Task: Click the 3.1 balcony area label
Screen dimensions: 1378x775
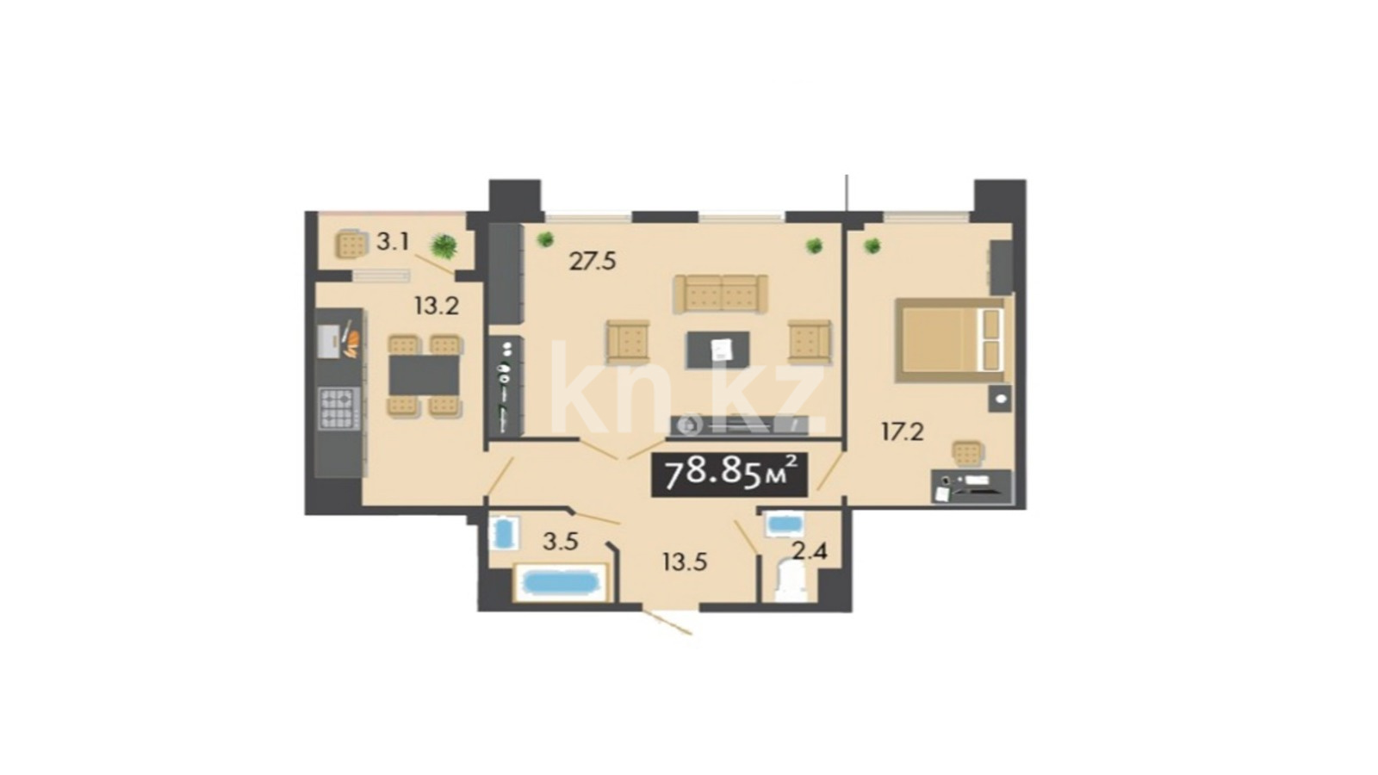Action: click(393, 242)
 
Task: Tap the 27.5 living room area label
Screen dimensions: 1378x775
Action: click(593, 262)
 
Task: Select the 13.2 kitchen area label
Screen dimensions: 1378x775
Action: click(437, 306)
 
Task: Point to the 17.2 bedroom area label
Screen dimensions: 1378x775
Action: click(903, 432)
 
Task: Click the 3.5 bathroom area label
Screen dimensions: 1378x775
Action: click(561, 542)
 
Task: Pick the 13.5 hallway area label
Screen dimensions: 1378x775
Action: click(685, 561)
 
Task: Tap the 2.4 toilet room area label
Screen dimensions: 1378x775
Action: click(810, 551)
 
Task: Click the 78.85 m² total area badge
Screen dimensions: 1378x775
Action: click(729, 474)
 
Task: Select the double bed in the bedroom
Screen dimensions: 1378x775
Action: click(950, 340)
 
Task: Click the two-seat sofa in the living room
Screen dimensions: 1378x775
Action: click(720, 294)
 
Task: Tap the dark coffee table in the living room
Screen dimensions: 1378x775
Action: click(718, 350)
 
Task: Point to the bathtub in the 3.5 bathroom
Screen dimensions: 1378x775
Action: click(559, 582)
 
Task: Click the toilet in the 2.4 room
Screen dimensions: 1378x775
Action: click(791, 580)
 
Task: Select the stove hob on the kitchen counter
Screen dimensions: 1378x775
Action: click(338, 408)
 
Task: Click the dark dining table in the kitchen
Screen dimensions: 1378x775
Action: click(424, 375)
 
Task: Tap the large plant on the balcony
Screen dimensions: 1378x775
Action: click(444, 247)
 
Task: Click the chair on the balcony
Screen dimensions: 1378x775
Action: click(351, 245)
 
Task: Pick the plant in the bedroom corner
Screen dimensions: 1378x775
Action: click(871, 246)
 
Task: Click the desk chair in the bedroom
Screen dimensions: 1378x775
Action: click(968, 455)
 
